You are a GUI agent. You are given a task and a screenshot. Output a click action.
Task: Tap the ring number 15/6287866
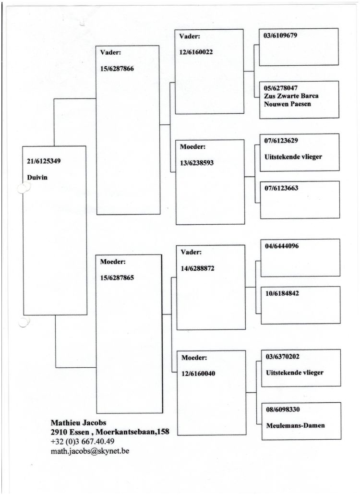coord(117,69)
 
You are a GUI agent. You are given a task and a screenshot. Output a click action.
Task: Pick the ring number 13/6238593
coord(197,162)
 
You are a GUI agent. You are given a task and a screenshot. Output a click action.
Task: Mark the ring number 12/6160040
coord(198,374)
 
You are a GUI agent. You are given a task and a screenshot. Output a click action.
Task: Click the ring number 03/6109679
coord(280,36)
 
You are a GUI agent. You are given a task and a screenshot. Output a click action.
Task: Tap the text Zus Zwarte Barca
coord(291,96)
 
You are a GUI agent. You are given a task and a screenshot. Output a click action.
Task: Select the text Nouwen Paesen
coord(288,103)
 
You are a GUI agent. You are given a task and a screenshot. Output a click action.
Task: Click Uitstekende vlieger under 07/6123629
coord(293,157)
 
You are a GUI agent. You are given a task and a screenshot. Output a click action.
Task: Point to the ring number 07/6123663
coord(281,188)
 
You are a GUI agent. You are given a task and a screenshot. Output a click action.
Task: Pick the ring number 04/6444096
coord(282,246)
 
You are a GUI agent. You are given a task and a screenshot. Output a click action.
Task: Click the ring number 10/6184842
coord(282,293)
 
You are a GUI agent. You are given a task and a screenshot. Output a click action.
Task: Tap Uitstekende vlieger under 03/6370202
coord(294,373)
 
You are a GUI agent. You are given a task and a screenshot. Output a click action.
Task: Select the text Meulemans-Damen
coord(295,425)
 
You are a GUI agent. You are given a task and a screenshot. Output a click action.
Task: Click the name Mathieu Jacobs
coord(79,423)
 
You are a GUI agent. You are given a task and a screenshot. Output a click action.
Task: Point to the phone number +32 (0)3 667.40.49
coord(83,441)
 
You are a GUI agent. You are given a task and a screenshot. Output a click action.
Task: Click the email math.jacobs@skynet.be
coord(90,451)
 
